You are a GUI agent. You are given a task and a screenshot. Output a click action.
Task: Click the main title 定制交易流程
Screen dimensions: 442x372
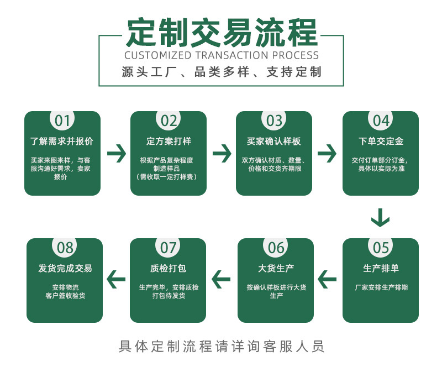222,33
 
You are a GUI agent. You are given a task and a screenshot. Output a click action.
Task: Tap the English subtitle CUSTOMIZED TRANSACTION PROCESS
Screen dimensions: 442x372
222,55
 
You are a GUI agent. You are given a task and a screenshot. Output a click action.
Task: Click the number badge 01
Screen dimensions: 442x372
62,120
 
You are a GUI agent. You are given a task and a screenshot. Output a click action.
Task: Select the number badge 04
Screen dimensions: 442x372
381,120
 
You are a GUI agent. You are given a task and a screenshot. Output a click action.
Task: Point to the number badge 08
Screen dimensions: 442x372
65,248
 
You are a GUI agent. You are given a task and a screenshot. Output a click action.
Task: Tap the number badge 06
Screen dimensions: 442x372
276,248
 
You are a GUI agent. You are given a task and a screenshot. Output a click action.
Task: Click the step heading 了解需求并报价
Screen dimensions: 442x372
62,142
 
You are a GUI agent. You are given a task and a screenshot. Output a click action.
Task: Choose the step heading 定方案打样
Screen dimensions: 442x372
169,142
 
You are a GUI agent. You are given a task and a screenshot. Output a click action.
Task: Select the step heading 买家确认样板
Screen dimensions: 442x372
274,142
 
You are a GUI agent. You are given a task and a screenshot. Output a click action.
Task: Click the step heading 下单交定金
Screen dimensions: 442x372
381,142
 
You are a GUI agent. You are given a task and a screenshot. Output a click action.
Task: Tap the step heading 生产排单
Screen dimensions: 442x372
381,269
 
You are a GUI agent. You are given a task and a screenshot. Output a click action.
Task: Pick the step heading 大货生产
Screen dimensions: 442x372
276,269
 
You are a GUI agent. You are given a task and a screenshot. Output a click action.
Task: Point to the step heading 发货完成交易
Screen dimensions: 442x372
65,269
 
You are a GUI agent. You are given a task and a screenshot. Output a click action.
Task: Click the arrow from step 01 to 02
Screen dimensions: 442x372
115,153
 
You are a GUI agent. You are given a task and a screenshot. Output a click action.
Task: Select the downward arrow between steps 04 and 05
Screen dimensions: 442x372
380,217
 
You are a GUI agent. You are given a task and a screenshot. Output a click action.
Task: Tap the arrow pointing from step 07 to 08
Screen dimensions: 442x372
116,280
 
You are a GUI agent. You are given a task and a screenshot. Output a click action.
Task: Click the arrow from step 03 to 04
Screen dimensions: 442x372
327,153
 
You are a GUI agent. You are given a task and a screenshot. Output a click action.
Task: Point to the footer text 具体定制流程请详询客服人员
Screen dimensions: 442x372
222,347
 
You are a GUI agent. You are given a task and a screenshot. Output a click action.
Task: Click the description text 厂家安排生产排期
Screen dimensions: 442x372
381,287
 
